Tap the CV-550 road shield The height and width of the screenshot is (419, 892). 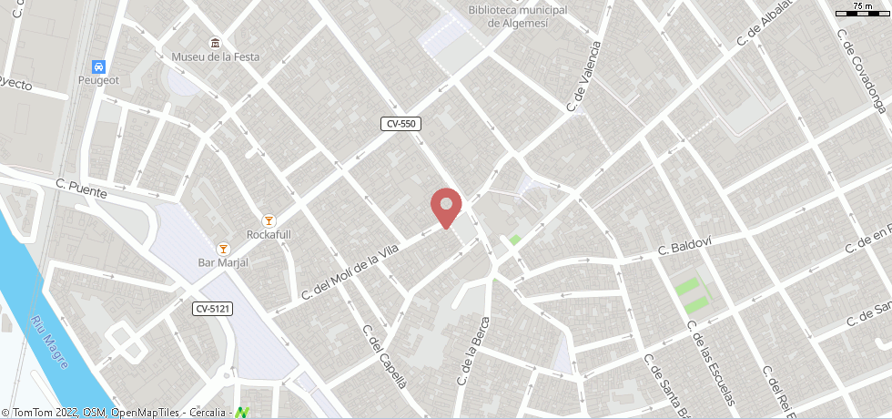(401, 123)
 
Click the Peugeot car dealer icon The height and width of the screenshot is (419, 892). (98, 66)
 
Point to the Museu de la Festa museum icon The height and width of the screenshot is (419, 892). (216, 43)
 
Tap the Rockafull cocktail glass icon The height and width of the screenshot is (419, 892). (269, 220)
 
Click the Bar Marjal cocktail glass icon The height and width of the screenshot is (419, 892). (223, 249)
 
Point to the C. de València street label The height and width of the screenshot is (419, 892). (584, 77)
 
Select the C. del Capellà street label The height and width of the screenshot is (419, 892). (384, 356)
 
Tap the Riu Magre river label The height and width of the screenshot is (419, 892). (52, 338)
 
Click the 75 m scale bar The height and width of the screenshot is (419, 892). (861, 10)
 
